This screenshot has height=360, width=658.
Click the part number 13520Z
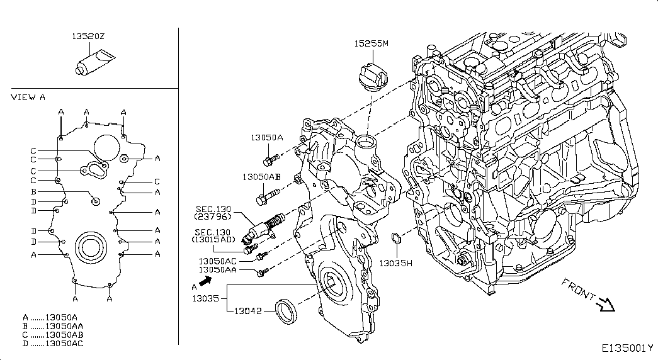pyautogui.click(x=88, y=37)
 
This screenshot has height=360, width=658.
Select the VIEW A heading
pyautogui.click(x=28, y=98)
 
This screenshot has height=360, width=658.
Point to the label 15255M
pyautogui.click(x=371, y=43)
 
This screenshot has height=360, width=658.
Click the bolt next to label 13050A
pyautogui.click(x=271, y=159)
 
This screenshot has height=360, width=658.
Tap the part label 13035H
pyautogui.click(x=395, y=263)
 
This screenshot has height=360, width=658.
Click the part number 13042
pyautogui.click(x=247, y=311)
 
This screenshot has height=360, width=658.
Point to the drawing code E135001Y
pyautogui.click(x=627, y=348)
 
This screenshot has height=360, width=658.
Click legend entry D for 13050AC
pyautogui.click(x=53, y=344)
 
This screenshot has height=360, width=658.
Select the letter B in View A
pyautogui.click(x=33, y=192)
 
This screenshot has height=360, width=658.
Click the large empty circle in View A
pyautogui.click(x=106, y=148)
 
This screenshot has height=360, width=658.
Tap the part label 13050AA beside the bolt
pyautogui.click(x=217, y=270)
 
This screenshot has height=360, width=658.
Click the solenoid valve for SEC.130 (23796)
pyautogui.click(x=264, y=227)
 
